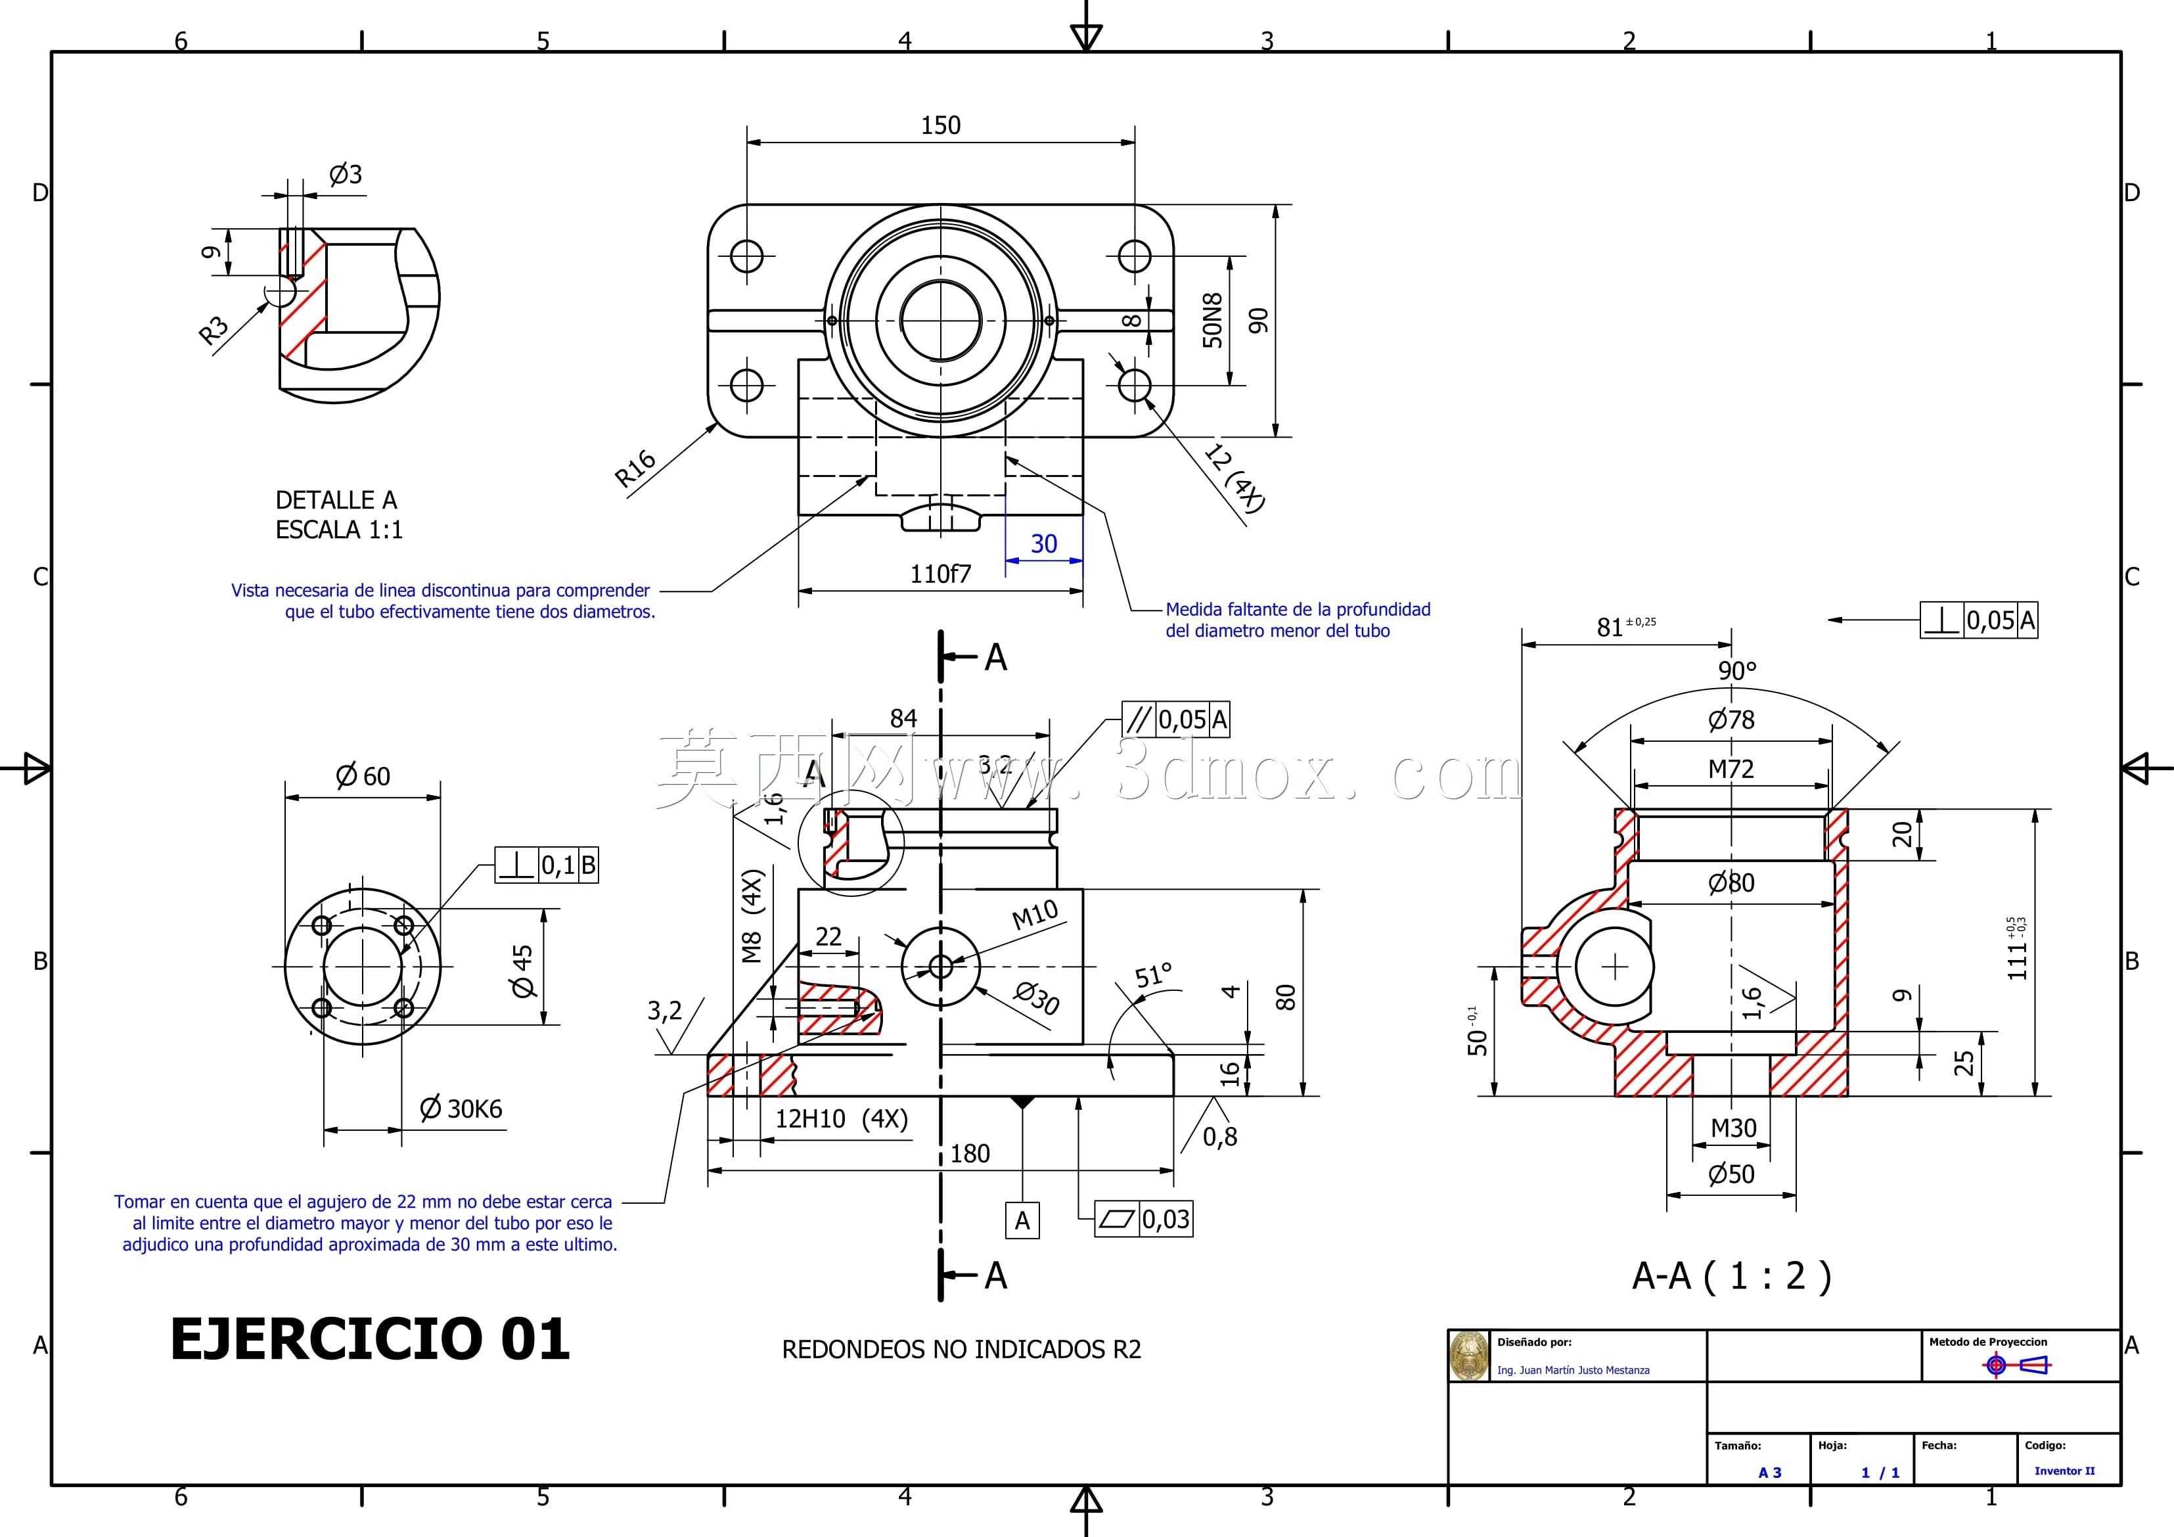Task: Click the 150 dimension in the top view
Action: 940,125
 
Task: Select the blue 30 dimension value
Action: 1043,543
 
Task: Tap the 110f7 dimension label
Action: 940,574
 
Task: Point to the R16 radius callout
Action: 635,468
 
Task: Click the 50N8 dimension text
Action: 1213,320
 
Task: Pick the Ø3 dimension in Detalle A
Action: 346,174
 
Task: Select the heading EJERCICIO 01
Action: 371,1339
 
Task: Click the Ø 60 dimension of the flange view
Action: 363,777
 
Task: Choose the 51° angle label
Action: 1153,975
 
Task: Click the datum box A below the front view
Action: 1022,1221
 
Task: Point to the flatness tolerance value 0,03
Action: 1166,1219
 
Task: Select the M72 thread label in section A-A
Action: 1731,769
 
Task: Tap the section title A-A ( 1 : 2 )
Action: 1732,1277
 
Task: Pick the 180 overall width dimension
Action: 970,1153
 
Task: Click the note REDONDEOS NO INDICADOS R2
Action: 961,1350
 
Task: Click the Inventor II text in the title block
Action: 2064,1471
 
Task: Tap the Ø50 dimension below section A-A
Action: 1732,1174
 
